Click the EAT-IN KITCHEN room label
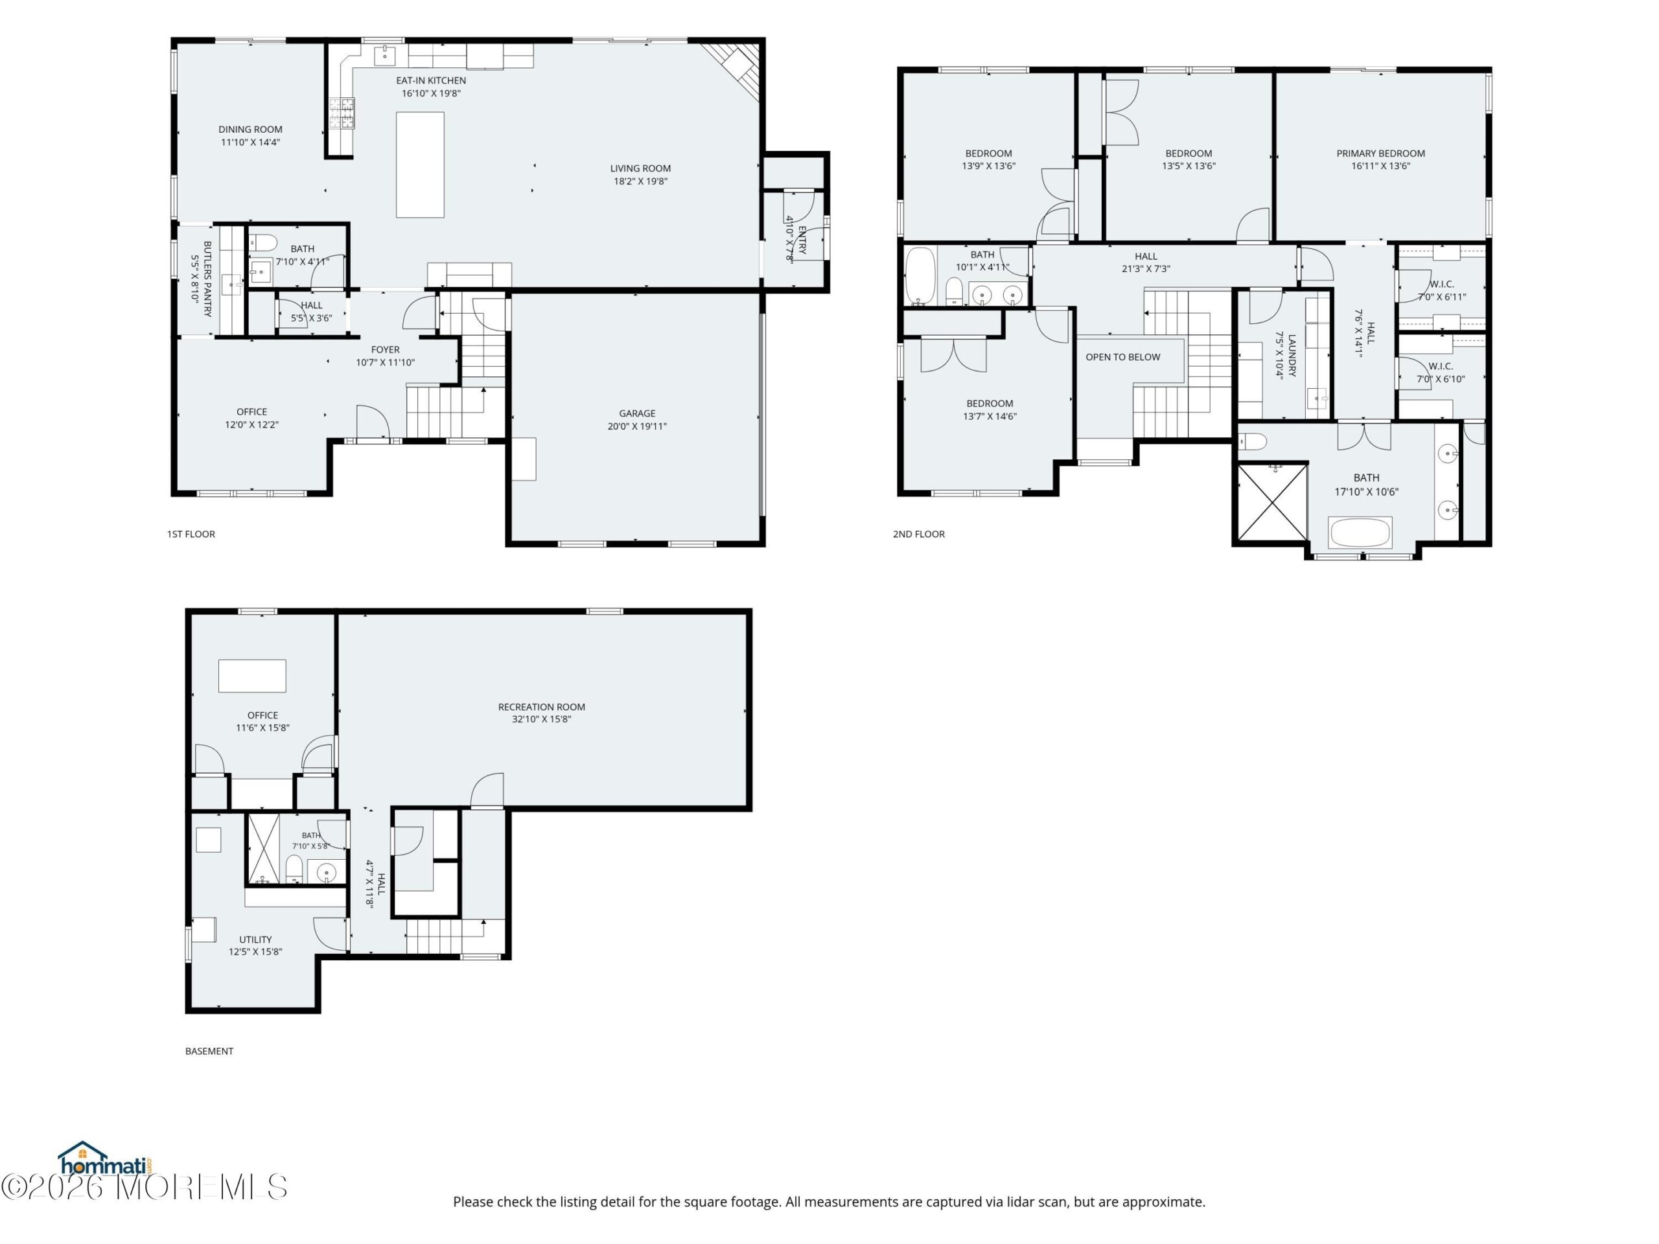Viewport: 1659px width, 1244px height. (430, 80)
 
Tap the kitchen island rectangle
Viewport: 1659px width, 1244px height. (420, 165)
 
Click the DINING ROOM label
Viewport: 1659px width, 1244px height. (251, 129)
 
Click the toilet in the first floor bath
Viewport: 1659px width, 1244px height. (262, 242)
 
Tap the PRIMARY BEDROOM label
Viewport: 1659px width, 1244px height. (1381, 153)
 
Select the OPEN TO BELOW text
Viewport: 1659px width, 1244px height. (1123, 357)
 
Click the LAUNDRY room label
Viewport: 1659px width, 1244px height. (1292, 356)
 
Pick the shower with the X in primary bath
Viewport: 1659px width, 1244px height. (1273, 501)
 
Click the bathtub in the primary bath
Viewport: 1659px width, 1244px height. (1360, 533)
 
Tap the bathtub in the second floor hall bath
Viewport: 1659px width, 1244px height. (920, 275)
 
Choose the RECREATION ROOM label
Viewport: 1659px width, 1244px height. (542, 706)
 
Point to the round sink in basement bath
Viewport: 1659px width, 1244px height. (326, 873)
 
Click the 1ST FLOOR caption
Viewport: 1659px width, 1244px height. (191, 534)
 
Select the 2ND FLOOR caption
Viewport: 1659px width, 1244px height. (919, 534)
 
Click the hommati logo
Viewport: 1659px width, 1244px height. (106, 1158)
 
